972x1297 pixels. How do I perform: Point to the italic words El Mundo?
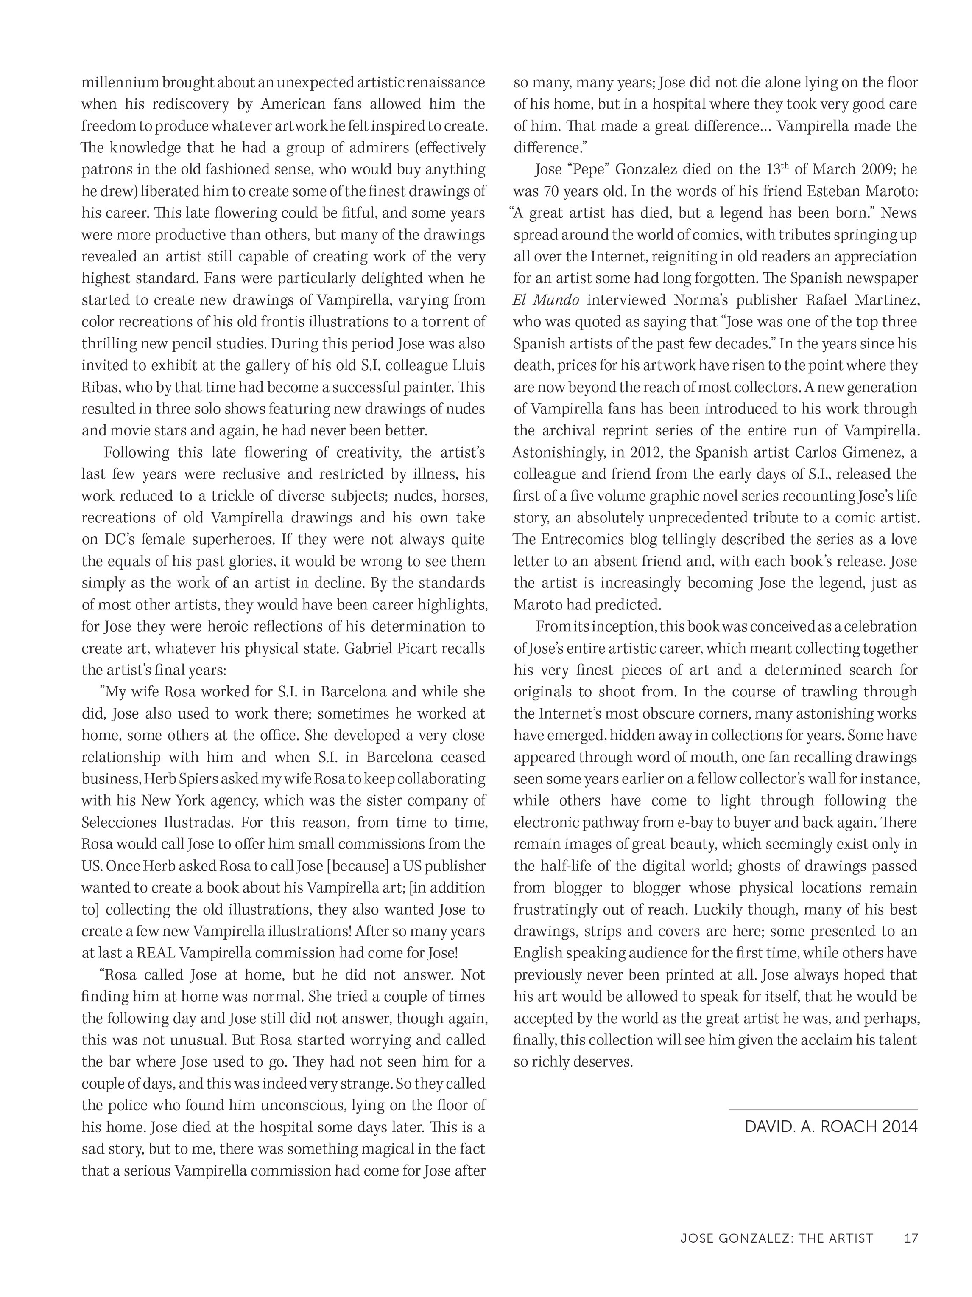tap(545, 300)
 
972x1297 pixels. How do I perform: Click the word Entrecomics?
tap(583, 539)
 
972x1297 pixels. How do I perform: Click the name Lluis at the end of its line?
tap(469, 366)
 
